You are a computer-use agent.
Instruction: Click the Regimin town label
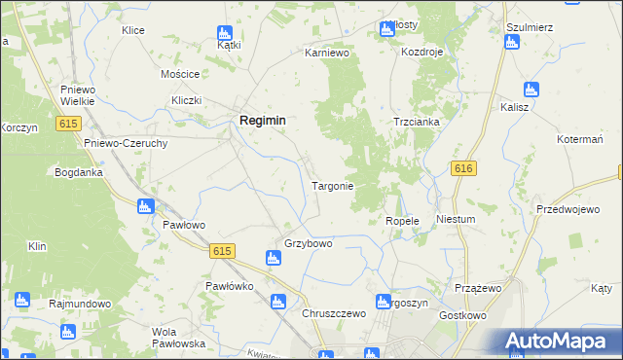(263, 120)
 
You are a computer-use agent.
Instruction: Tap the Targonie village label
(332, 185)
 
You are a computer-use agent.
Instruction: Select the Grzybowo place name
(308, 243)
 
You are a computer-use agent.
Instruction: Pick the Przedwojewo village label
(567, 209)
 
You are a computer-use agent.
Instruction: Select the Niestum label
(456, 219)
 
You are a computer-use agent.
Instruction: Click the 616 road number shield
(463, 168)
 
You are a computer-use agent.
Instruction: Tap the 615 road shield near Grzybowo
(222, 250)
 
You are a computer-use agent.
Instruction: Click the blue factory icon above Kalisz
(530, 89)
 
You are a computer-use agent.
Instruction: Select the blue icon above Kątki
(226, 32)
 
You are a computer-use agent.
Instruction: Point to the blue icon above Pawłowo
(146, 206)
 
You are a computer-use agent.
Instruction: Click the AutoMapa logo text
(558, 342)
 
